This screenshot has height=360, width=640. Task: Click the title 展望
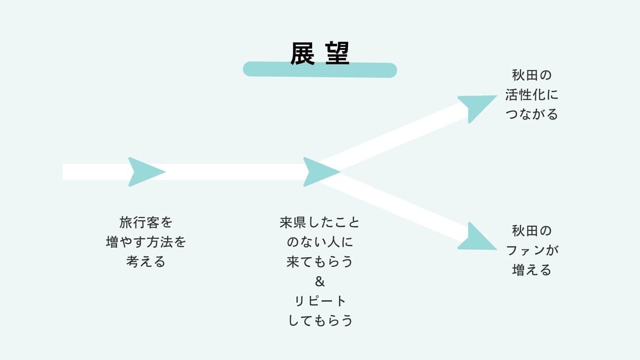(x=319, y=54)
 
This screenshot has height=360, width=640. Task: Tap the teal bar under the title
(x=319, y=69)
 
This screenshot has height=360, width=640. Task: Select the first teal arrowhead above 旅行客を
(x=145, y=172)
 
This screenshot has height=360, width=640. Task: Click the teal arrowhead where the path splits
(x=319, y=172)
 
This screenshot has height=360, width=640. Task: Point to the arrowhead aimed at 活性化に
(x=477, y=107)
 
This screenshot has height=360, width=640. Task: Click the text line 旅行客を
(x=146, y=222)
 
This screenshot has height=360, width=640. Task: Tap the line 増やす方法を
(x=146, y=242)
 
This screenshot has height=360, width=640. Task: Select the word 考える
(x=146, y=262)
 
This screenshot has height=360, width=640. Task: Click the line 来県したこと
(x=320, y=222)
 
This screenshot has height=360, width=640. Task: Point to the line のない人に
(x=320, y=242)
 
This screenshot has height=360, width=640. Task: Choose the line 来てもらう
(x=320, y=262)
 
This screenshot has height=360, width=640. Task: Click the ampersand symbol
(x=320, y=281)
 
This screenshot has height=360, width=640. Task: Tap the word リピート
(x=320, y=301)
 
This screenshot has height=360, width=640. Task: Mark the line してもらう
(x=320, y=320)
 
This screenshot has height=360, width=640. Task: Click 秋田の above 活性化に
(x=532, y=76)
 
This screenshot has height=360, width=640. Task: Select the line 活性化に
(x=532, y=95)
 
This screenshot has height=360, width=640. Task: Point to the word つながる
(x=532, y=115)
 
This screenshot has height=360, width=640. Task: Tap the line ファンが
(x=532, y=250)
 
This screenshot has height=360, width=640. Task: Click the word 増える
(x=532, y=270)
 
